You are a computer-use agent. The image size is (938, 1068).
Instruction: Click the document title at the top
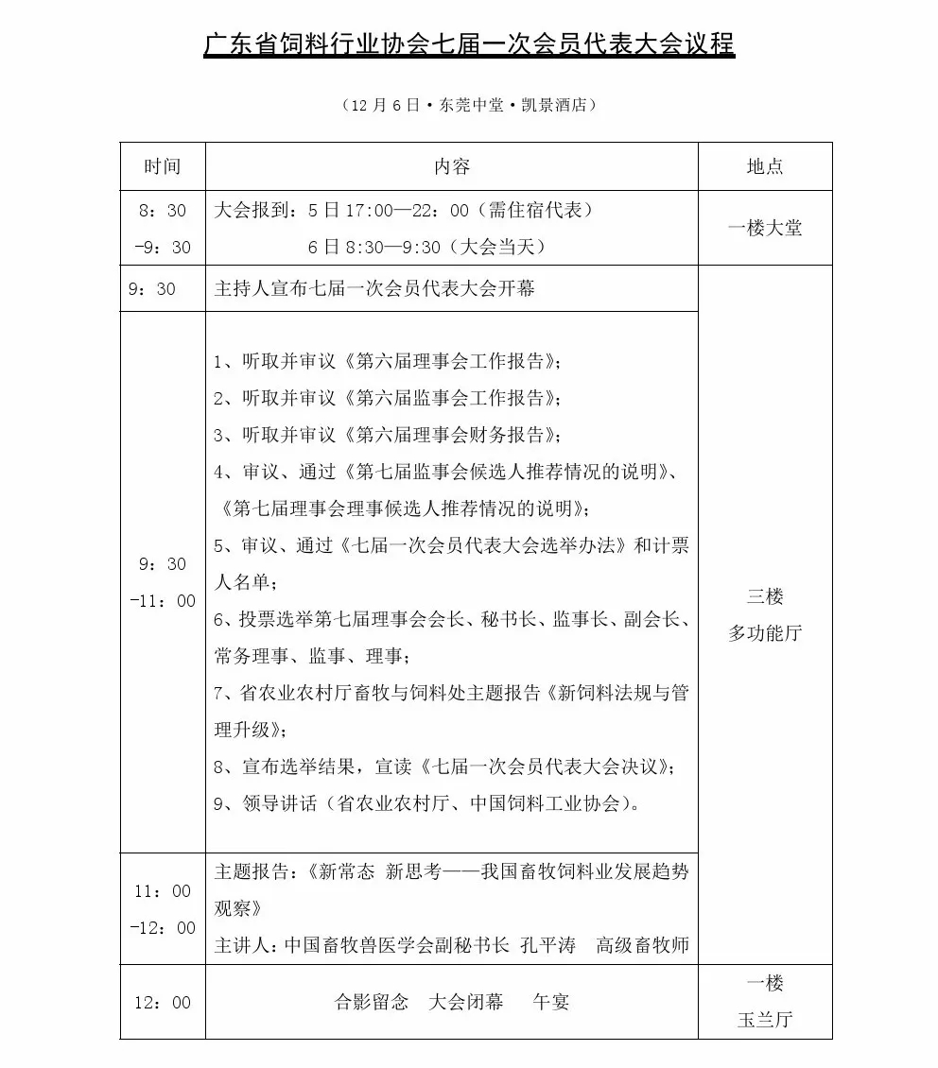pyautogui.click(x=469, y=44)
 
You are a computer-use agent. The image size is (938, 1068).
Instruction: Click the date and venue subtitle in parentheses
pyautogui.click(x=469, y=105)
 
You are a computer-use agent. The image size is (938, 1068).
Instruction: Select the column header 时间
pyautogui.click(x=162, y=166)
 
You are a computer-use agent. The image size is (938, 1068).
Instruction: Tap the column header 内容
pyautogui.click(x=452, y=166)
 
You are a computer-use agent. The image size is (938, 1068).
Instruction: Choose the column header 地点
pyautogui.click(x=765, y=166)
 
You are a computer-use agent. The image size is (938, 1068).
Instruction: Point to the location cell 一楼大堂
pyautogui.click(x=765, y=228)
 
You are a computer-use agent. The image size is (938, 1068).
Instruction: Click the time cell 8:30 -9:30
pyautogui.click(x=162, y=229)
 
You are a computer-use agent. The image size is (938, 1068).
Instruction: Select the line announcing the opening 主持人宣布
pyautogui.click(x=374, y=288)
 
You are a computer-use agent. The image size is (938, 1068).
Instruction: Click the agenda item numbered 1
pyautogui.click(x=388, y=361)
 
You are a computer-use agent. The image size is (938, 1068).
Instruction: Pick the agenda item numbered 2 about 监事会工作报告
pyautogui.click(x=388, y=398)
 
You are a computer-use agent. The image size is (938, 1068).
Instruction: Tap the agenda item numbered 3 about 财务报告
pyautogui.click(x=388, y=435)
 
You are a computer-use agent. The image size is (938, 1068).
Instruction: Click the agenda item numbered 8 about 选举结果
pyautogui.click(x=444, y=767)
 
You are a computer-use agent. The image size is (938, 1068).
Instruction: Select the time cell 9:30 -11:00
pyautogui.click(x=162, y=582)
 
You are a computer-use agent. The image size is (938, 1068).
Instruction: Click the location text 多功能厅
pyautogui.click(x=765, y=633)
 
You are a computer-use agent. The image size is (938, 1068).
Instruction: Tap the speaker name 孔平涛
pyautogui.click(x=548, y=945)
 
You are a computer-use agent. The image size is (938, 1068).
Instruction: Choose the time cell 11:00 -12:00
pyautogui.click(x=162, y=909)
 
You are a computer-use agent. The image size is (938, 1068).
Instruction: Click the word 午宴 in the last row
pyautogui.click(x=551, y=1002)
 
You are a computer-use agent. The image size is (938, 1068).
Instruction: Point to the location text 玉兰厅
pyautogui.click(x=765, y=1020)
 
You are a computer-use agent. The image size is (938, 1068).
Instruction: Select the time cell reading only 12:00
pyautogui.click(x=162, y=1002)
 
